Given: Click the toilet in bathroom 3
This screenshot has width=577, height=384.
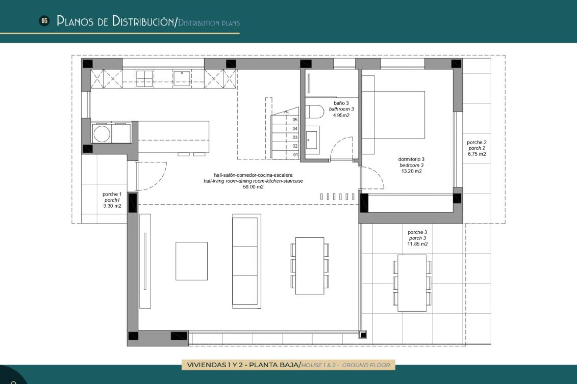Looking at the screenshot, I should pyautogui.click(x=315, y=112).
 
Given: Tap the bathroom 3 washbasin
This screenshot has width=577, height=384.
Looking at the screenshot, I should pyautogui.click(x=312, y=140).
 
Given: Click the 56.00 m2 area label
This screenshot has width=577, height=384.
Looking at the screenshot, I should pyautogui.click(x=253, y=187).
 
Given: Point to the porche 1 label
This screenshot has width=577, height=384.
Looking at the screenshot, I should pyautogui.click(x=112, y=194).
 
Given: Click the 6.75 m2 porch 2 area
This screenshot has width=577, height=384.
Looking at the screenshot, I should pyautogui.click(x=477, y=154).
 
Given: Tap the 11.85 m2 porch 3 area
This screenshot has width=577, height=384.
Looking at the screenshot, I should pyautogui.click(x=417, y=244).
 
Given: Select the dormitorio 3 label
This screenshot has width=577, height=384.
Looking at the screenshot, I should pyautogui.click(x=411, y=159).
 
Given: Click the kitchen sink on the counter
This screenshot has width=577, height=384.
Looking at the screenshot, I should pyautogui.click(x=182, y=78).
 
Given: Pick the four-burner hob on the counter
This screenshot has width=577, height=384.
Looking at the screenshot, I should pyautogui.click(x=144, y=79).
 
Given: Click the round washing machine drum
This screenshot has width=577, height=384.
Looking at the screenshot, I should pyautogui.click(x=102, y=134).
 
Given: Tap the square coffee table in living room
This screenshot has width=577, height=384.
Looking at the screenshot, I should pyautogui.click(x=191, y=261).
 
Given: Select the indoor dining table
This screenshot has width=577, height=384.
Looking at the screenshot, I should pyautogui.click(x=310, y=266).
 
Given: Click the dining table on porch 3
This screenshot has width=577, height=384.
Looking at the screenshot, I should pyautogui.click(x=412, y=283).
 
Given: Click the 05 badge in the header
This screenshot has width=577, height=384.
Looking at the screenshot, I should pyautogui.click(x=44, y=21).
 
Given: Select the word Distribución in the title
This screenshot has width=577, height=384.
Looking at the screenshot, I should pyautogui.click(x=143, y=21).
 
